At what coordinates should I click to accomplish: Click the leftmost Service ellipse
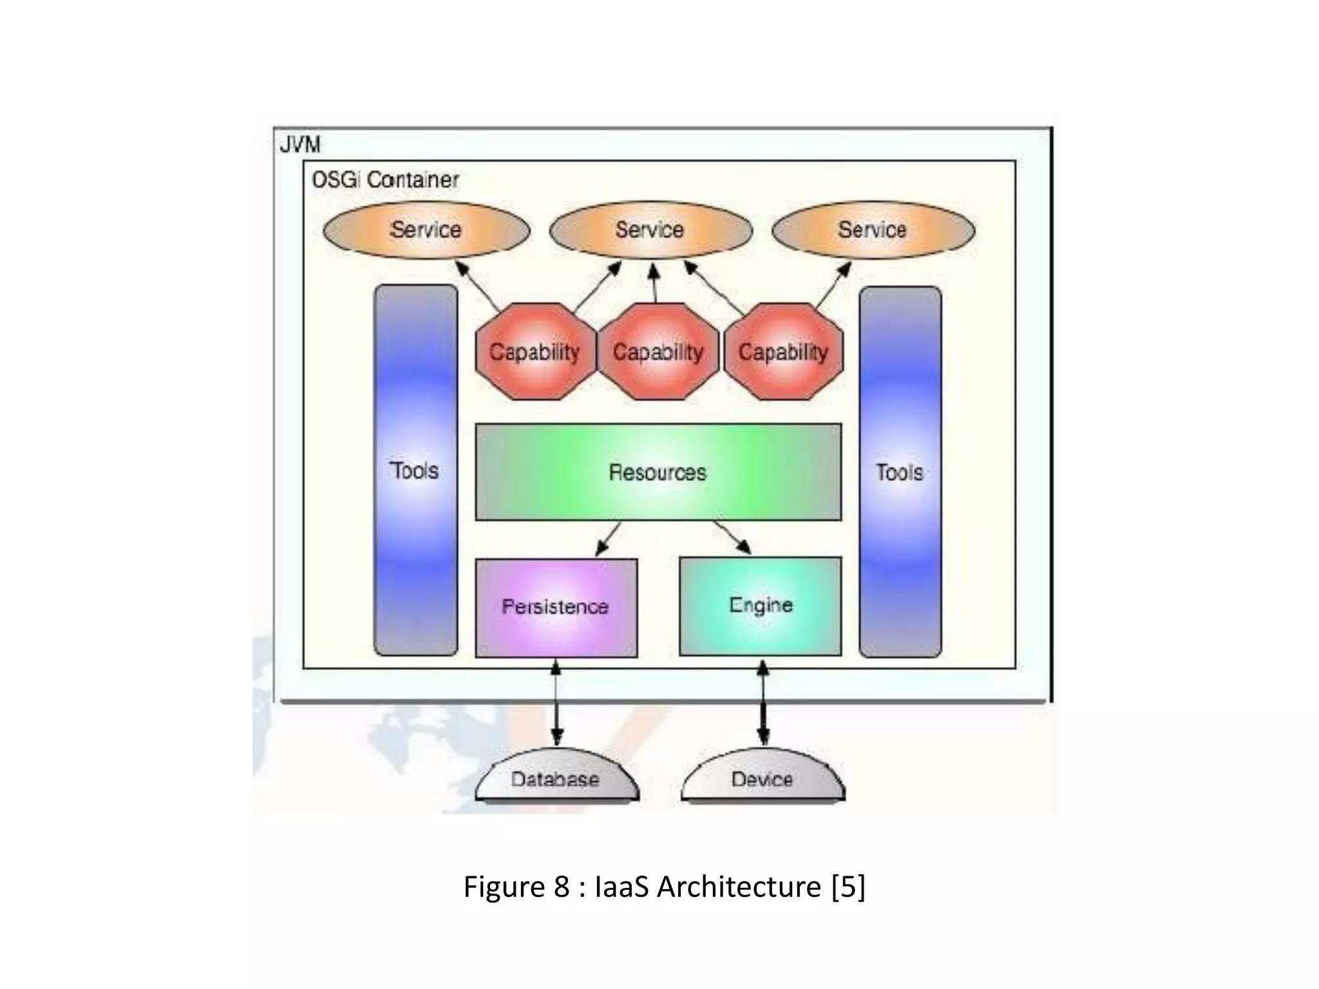(426, 230)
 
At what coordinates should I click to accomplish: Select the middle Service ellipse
(650, 230)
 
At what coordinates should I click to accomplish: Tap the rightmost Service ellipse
(873, 230)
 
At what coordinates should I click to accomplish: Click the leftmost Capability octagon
(535, 352)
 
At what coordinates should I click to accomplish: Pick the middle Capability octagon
(658, 352)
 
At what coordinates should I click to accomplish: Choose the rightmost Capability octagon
(783, 352)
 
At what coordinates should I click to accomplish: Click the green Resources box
(658, 472)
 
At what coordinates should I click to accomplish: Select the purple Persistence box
(556, 607)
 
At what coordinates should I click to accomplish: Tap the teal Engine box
(761, 605)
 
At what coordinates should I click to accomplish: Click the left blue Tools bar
(415, 471)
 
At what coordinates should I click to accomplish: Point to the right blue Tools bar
(900, 472)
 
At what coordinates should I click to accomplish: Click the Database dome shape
(556, 779)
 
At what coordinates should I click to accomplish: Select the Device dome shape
(762, 779)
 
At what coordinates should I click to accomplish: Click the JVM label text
(300, 144)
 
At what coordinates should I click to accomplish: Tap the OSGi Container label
(385, 180)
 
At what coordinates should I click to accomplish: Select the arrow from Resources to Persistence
(607, 538)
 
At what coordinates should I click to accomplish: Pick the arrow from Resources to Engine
(732, 537)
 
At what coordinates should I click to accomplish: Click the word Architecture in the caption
(739, 887)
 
